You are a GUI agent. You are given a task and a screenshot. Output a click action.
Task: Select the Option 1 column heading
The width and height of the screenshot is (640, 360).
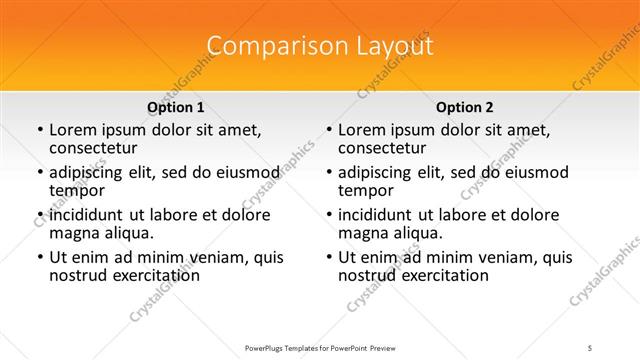click(x=175, y=107)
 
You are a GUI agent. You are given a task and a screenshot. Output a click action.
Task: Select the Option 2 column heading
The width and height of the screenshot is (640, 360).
click(x=464, y=107)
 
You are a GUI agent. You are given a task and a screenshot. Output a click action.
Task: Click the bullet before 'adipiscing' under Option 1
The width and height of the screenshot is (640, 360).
click(x=39, y=173)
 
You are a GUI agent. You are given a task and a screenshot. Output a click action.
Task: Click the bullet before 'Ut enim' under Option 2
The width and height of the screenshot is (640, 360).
click(x=327, y=258)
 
